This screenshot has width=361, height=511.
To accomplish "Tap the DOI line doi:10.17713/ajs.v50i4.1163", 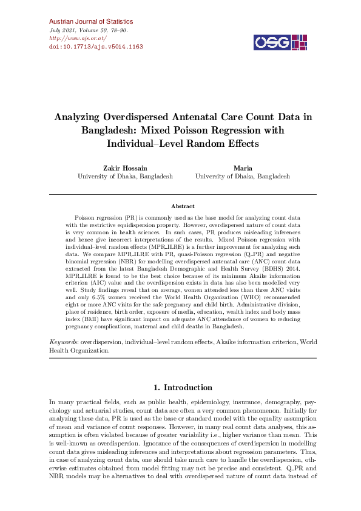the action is [95, 46].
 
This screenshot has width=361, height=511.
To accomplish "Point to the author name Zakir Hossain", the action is [125, 167].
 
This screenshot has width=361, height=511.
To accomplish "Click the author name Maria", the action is [242, 167].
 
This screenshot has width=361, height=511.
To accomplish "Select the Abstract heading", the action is [183, 206].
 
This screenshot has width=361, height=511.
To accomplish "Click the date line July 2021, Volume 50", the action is [87, 30].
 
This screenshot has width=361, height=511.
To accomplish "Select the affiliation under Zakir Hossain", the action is [125, 176].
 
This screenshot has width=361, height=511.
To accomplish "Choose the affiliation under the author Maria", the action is [242, 176].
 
